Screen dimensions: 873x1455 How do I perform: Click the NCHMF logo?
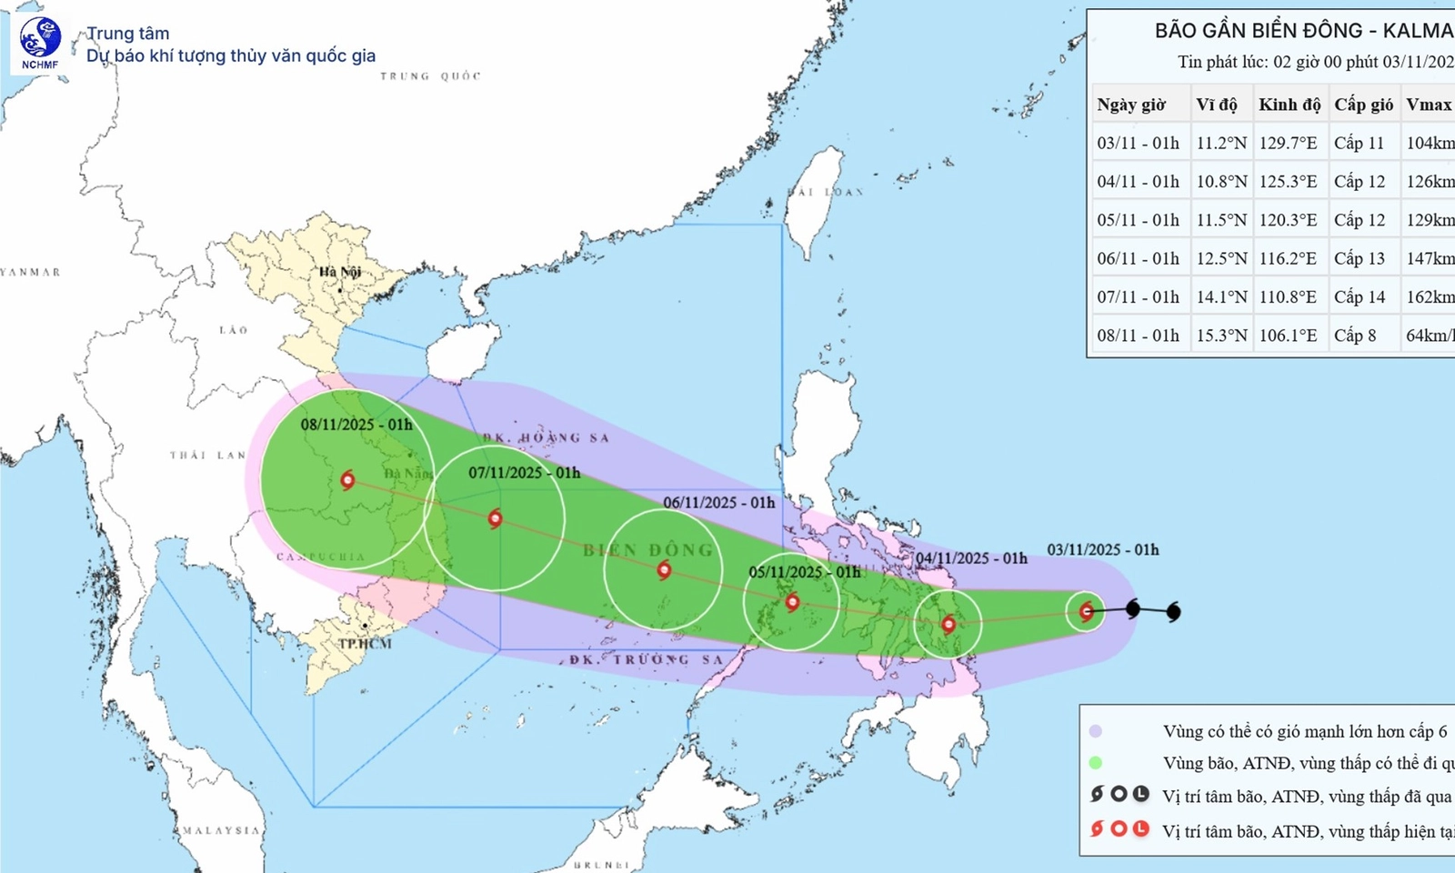(40, 42)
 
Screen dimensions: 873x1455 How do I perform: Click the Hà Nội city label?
(339, 272)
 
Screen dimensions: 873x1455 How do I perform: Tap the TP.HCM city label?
(365, 644)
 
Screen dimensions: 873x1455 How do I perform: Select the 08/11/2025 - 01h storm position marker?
(347, 479)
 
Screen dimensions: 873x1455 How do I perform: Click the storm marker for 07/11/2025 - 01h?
(495, 518)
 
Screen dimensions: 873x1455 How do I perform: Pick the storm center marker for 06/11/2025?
(664, 570)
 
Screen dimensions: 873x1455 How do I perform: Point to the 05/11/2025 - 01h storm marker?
(792, 601)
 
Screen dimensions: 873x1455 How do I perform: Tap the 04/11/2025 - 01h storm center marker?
(948, 624)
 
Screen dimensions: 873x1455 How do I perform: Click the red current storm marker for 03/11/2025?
(1086, 611)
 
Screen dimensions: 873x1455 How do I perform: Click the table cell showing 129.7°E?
(1288, 143)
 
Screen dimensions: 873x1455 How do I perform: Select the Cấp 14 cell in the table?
(1360, 297)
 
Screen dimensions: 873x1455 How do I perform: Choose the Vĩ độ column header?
(1217, 105)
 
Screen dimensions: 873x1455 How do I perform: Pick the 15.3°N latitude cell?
(1221, 336)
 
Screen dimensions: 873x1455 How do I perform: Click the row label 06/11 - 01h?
(1138, 258)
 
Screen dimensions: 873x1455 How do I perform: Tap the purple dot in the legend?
(1096, 731)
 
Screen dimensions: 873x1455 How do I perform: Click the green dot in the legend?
(1096, 763)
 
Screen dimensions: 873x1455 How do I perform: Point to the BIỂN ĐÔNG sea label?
(647, 550)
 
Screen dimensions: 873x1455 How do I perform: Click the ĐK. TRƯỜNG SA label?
(647, 659)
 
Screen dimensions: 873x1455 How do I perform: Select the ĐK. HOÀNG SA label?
(547, 437)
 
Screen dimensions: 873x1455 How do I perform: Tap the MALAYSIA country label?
(221, 830)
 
